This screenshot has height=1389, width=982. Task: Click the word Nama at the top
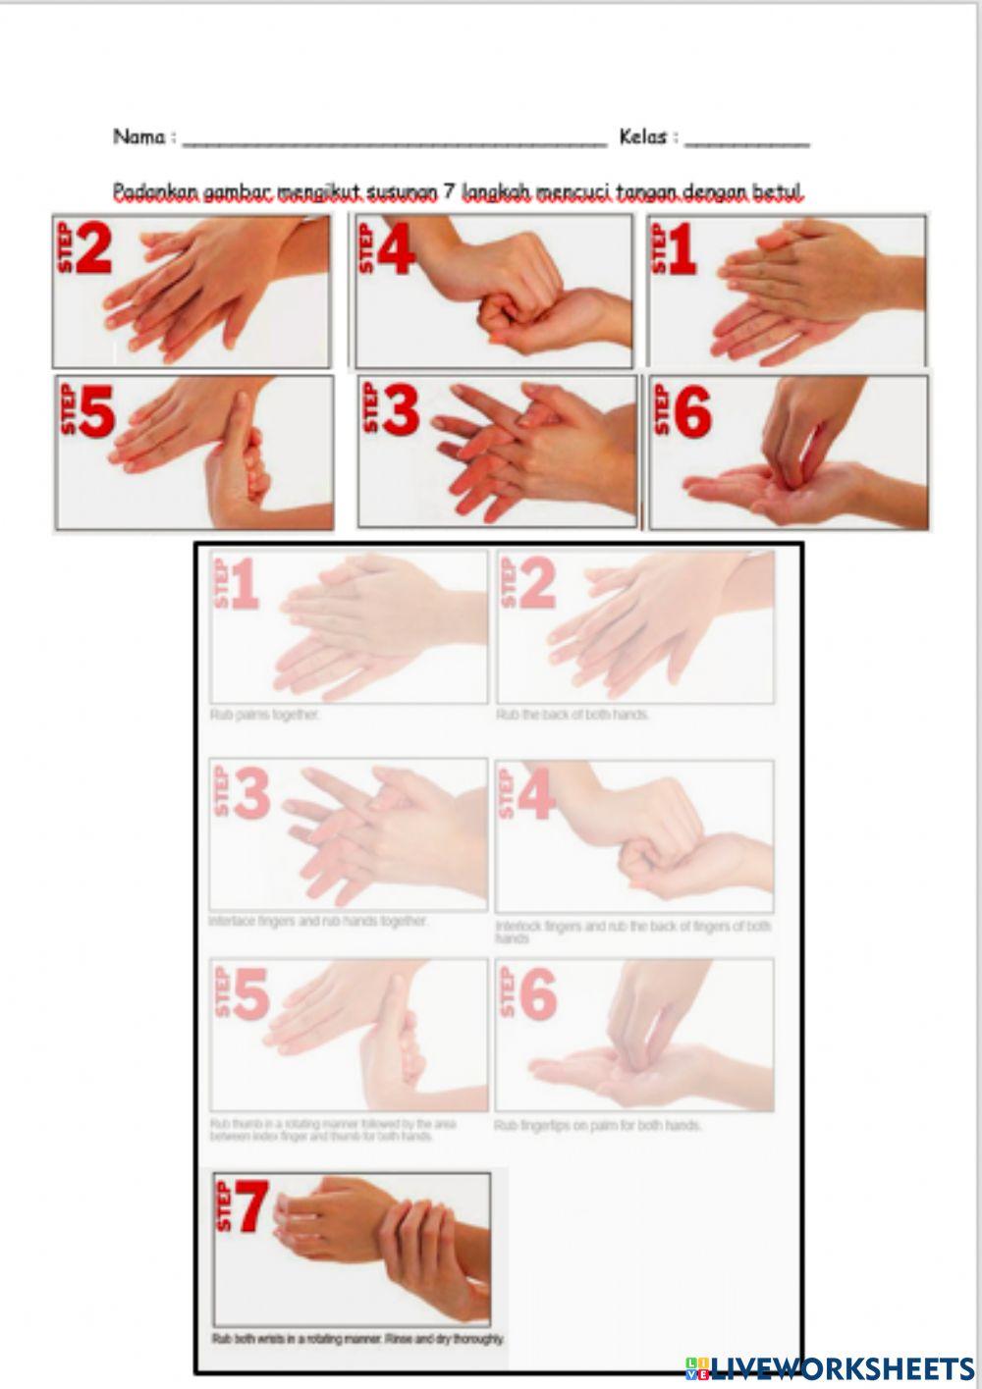138,136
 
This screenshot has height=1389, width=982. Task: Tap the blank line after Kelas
746,142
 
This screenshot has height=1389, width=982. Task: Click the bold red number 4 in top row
396,250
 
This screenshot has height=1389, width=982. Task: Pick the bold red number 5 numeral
96,410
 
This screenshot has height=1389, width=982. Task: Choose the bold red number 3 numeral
400,410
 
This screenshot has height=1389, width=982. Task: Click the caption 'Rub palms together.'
264,716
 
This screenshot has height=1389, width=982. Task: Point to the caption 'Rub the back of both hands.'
573,715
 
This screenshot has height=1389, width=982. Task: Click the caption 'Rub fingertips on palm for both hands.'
598,1125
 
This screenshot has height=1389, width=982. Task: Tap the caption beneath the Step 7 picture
358,1338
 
